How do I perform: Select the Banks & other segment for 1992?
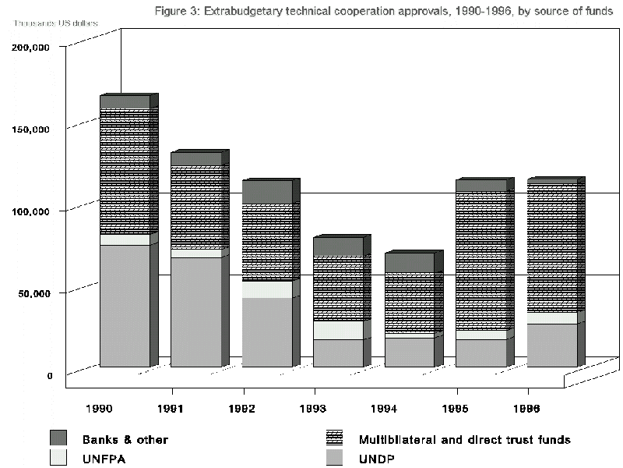tap(267, 192)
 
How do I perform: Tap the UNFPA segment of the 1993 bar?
tap(338, 330)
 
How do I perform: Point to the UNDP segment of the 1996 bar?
tap(552, 346)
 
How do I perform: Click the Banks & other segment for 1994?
tap(409, 263)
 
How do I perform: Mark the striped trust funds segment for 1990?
tap(125, 172)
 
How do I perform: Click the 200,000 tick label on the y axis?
tap(32, 47)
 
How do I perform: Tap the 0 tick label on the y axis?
tap(49, 375)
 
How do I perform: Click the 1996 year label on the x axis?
tap(528, 407)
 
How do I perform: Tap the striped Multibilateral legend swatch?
tap(336, 438)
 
